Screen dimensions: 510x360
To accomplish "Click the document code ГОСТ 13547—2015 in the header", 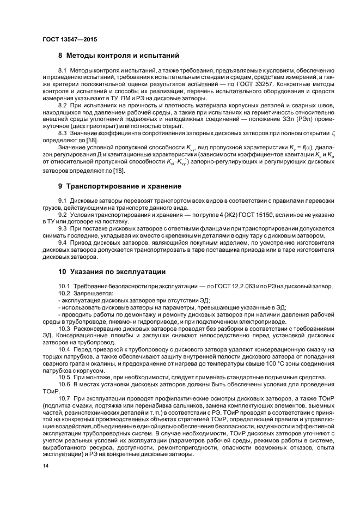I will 70,39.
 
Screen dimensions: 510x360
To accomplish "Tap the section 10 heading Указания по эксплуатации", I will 112,271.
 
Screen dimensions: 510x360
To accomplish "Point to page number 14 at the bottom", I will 46,466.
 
